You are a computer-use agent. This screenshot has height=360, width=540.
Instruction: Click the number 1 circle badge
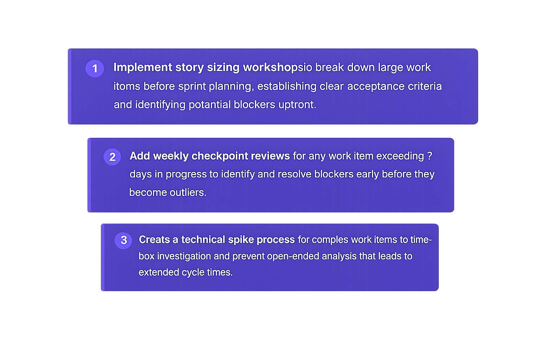[x=95, y=68]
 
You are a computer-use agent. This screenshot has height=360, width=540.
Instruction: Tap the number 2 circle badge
[x=112, y=157]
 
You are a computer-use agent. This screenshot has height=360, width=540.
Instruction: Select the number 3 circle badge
[x=123, y=240]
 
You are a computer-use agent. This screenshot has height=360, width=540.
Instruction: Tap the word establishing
[x=287, y=86]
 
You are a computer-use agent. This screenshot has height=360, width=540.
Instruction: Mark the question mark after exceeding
[x=430, y=156]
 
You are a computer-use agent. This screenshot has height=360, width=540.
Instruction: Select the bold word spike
[x=241, y=239]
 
